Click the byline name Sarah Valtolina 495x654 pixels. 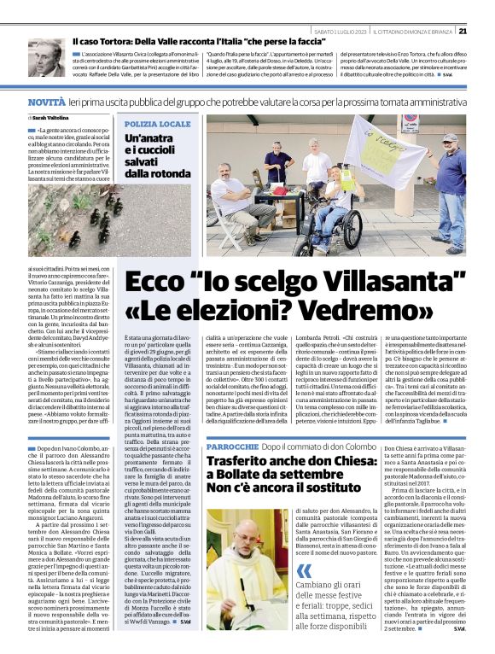[49, 118]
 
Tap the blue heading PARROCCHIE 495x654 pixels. [232, 447]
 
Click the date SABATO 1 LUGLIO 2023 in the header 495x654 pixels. [340, 32]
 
